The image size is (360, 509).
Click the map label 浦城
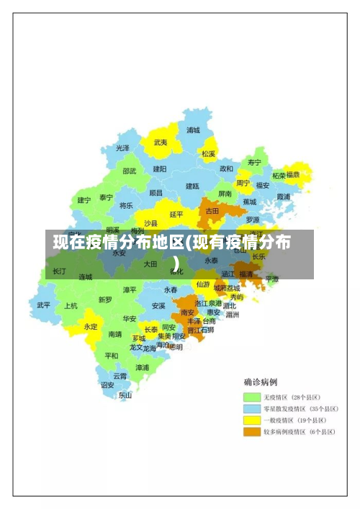[x=193, y=130]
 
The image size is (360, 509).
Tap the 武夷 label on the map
[x=161, y=143]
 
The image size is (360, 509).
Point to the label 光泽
[x=123, y=148]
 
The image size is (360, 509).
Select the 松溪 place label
[x=209, y=153]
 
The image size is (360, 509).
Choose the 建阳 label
[x=160, y=168]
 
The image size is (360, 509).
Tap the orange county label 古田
[x=212, y=211]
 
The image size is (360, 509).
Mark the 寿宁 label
[x=254, y=162]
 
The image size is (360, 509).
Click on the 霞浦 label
[x=283, y=196]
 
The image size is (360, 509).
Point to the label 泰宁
[x=107, y=197]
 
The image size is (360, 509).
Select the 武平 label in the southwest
[x=44, y=305]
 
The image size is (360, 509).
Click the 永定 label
[x=90, y=326]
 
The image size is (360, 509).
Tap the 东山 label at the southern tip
[x=125, y=395]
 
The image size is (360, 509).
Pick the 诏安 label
[x=107, y=384]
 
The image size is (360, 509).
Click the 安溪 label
[x=158, y=305]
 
